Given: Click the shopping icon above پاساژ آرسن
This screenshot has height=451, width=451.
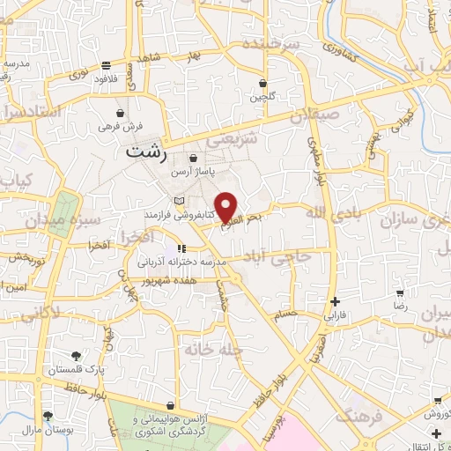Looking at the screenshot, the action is pos(193,159).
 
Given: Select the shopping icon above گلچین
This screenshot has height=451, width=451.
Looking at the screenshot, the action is pos(262,85).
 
